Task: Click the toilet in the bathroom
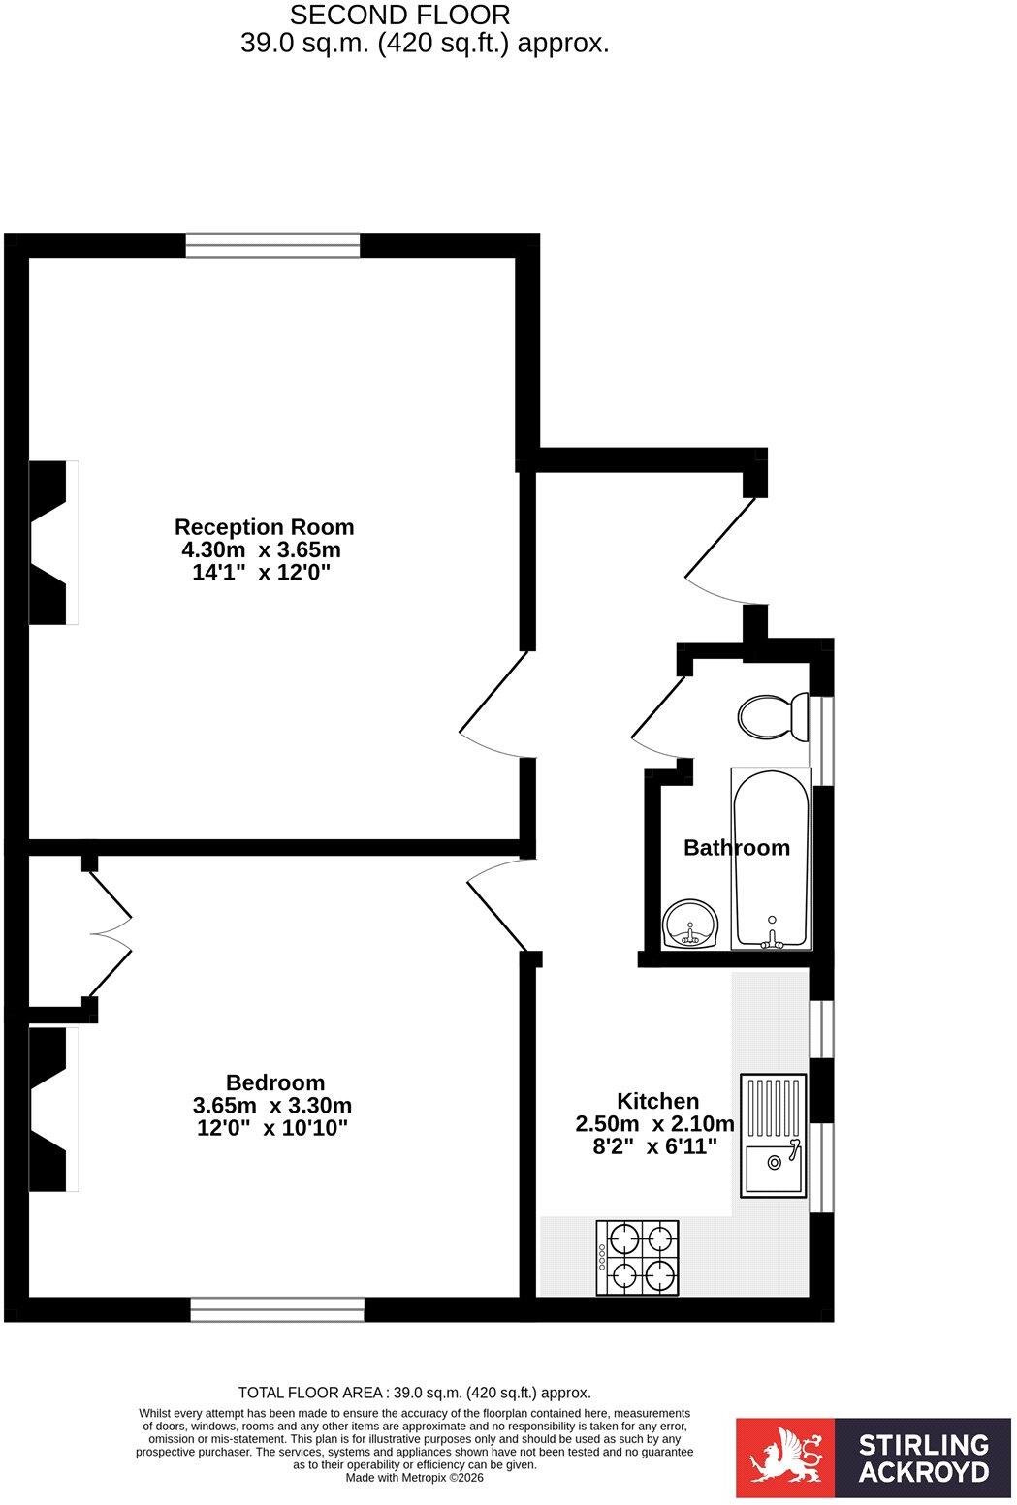(x=773, y=716)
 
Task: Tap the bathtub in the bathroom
(x=771, y=859)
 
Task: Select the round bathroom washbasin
(x=690, y=924)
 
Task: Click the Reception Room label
(x=264, y=527)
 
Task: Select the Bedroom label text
(x=275, y=1082)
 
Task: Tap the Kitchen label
(x=657, y=1101)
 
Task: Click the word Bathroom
(x=737, y=847)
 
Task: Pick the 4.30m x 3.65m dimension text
(x=262, y=549)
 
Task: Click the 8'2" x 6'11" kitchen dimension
(x=654, y=1145)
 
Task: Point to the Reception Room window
(x=272, y=245)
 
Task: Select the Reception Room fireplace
(x=53, y=543)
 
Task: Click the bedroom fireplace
(x=53, y=1110)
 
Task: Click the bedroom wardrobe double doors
(x=111, y=934)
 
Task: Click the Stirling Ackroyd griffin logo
(x=785, y=1458)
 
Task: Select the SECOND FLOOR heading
(x=400, y=15)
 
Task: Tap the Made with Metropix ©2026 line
(x=414, y=1478)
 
